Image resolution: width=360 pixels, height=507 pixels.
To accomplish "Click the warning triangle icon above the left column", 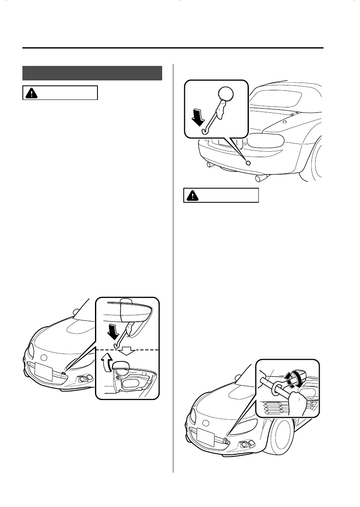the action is click(31, 93).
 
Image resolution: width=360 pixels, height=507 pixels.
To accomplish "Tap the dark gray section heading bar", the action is click(92, 73).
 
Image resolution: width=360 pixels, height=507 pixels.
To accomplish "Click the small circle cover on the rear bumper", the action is click(248, 163).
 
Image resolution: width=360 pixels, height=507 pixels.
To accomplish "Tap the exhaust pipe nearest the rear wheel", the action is click(261, 179).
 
